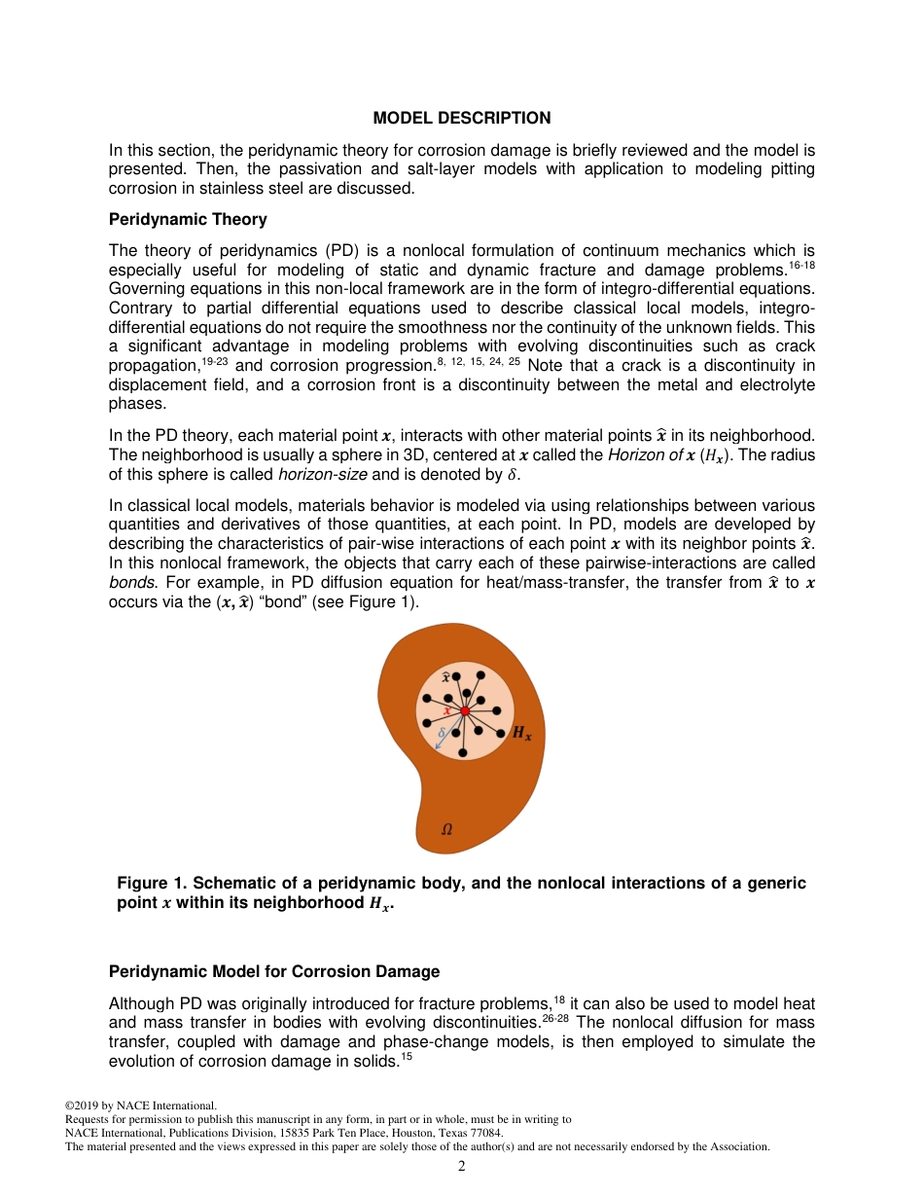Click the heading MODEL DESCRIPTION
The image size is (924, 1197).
coord(461,118)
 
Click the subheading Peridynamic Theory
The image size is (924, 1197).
coord(188,219)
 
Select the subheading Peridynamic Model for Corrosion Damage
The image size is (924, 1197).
coord(274,971)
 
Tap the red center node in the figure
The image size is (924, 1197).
coord(465,711)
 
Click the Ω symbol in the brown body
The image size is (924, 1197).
coord(446,830)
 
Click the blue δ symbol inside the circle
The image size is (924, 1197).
coord(443,731)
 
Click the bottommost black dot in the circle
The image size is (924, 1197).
coord(462,752)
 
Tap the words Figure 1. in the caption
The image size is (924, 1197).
coord(152,883)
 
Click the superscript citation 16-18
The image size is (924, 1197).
coord(802,264)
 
